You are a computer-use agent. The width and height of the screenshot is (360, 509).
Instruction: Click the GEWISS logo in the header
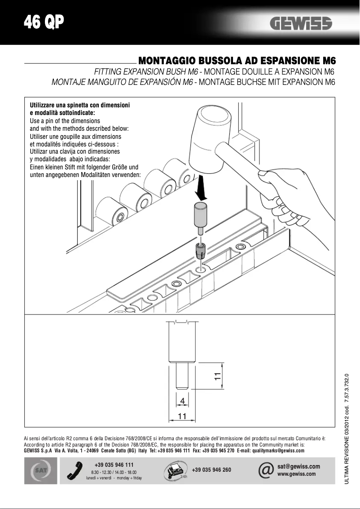point(301,24)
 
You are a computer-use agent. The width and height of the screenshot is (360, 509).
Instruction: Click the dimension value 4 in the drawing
point(182,400)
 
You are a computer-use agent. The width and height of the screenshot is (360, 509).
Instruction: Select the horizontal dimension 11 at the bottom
point(182,416)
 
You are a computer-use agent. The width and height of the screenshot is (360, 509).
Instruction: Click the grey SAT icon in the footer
point(40,470)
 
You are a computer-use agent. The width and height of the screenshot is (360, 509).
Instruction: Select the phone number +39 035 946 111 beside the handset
point(114,465)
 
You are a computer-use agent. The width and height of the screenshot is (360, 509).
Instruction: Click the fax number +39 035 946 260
point(211,470)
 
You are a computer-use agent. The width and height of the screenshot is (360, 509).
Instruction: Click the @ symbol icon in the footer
point(266,470)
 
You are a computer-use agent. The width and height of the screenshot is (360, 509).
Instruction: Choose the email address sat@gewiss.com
point(299,466)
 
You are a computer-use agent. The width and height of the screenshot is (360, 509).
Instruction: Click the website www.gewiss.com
point(297,474)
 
